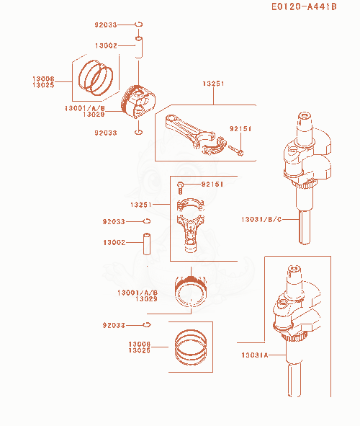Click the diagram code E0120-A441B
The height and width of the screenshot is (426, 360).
[304, 6]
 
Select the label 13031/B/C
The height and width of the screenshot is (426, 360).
[261, 219]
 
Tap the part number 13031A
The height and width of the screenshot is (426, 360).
[255, 355]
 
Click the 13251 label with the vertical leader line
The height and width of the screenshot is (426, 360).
[214, 84]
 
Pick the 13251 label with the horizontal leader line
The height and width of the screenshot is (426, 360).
[141, 205]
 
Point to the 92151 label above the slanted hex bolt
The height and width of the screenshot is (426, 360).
[240, 128]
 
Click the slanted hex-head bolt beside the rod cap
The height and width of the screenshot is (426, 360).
[235, 151]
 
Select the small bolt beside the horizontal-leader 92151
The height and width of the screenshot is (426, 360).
[181, 187]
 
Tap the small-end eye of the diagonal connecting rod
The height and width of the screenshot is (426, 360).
[171, 119]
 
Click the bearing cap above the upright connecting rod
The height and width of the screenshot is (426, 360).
[190, 204]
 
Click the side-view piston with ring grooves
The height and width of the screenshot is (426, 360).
[191, 291]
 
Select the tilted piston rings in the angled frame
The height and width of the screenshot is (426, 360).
[96, 78]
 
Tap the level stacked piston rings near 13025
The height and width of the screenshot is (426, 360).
[191, 347]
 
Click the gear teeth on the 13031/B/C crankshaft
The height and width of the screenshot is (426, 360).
[305, 185]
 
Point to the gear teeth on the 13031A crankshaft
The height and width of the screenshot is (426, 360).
[293, 337]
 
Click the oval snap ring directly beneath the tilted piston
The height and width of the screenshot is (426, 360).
[139, 133]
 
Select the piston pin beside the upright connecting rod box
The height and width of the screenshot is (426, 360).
[147, 244]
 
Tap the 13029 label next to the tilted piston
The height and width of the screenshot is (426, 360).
[94, 115]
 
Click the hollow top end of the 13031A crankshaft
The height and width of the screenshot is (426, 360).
[294, 269]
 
